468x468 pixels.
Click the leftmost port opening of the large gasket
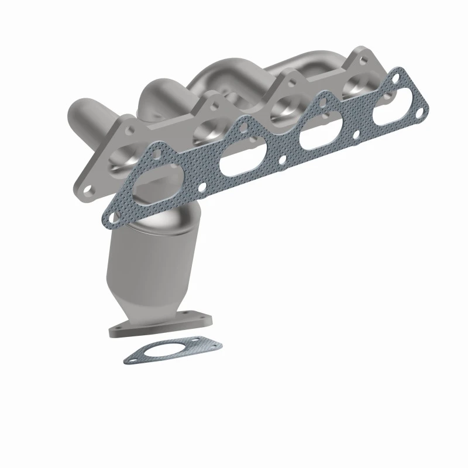153,189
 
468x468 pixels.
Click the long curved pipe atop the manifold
234,73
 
